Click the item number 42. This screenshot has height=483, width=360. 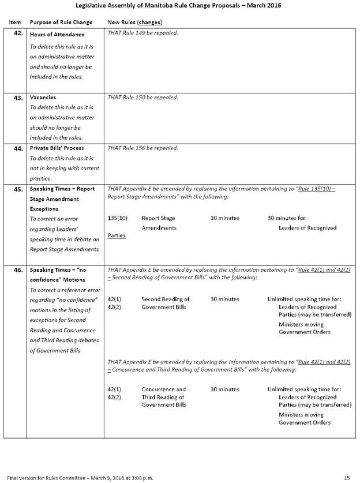tap(17, 34)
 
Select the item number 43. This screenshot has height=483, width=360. tap(17, 98)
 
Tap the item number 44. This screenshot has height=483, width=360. tap(17, 148)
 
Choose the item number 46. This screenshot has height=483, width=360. tap(17, 270)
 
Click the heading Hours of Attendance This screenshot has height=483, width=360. tap(57, 35)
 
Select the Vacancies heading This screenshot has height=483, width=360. tap(43, 98)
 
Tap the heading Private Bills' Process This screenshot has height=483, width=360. tap(57, 148)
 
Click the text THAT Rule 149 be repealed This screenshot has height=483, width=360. tap(142, 33)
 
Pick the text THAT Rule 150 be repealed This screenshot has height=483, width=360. tap(142, 97)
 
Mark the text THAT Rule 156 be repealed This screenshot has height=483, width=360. tap(142, 148)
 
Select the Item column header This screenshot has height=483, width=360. tap(16, 22)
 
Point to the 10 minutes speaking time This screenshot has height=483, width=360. tap(224, 218)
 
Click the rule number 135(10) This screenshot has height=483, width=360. tap(117, 218)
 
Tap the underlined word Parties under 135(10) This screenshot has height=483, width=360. tap(117, 236)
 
